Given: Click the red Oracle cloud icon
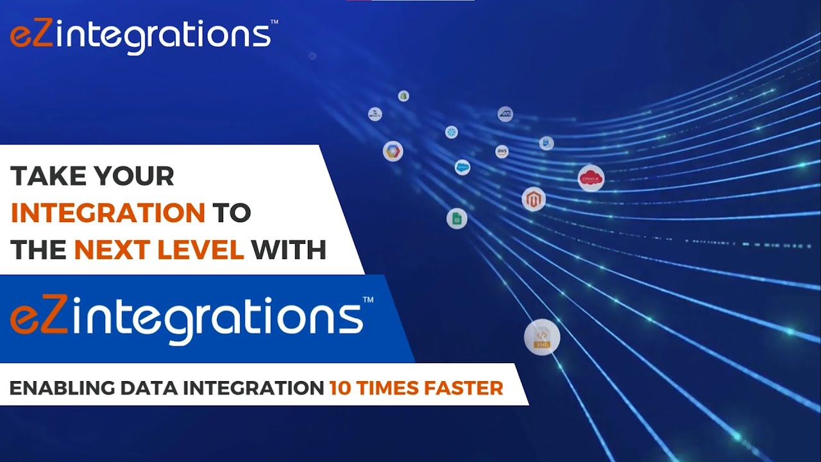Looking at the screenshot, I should pyautogui.click(x=591, y=178).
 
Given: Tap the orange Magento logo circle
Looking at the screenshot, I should pyautogui.click(x=533, y=200).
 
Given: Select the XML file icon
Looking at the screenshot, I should pyautogui.click(x=542, y=337).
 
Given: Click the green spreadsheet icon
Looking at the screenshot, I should pyautogui.click(x=457, y=219).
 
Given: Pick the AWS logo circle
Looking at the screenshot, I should pyautogui.click(x=502, y=151).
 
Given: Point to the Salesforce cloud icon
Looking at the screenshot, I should pyautogui.click(x=462, y=167).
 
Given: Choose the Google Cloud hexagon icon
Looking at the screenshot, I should pyautogui.click(x=393, y=151).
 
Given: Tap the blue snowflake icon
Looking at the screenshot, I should pyautogui.click(x=452, y=132).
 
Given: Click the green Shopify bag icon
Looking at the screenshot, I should pyautogui.click(x=403, y=96).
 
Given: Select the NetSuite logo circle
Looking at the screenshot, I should pyautogui.click(x=375, y=114).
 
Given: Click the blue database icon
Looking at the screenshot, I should pyautogui.click(x=546, y=143).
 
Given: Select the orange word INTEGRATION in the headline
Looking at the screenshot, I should pyautogui.click(x=108, y=213).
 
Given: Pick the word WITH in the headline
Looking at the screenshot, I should pyautogui.click(x=289, y=250).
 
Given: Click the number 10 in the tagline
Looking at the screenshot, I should pyautogui.click(x=341, y=388).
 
